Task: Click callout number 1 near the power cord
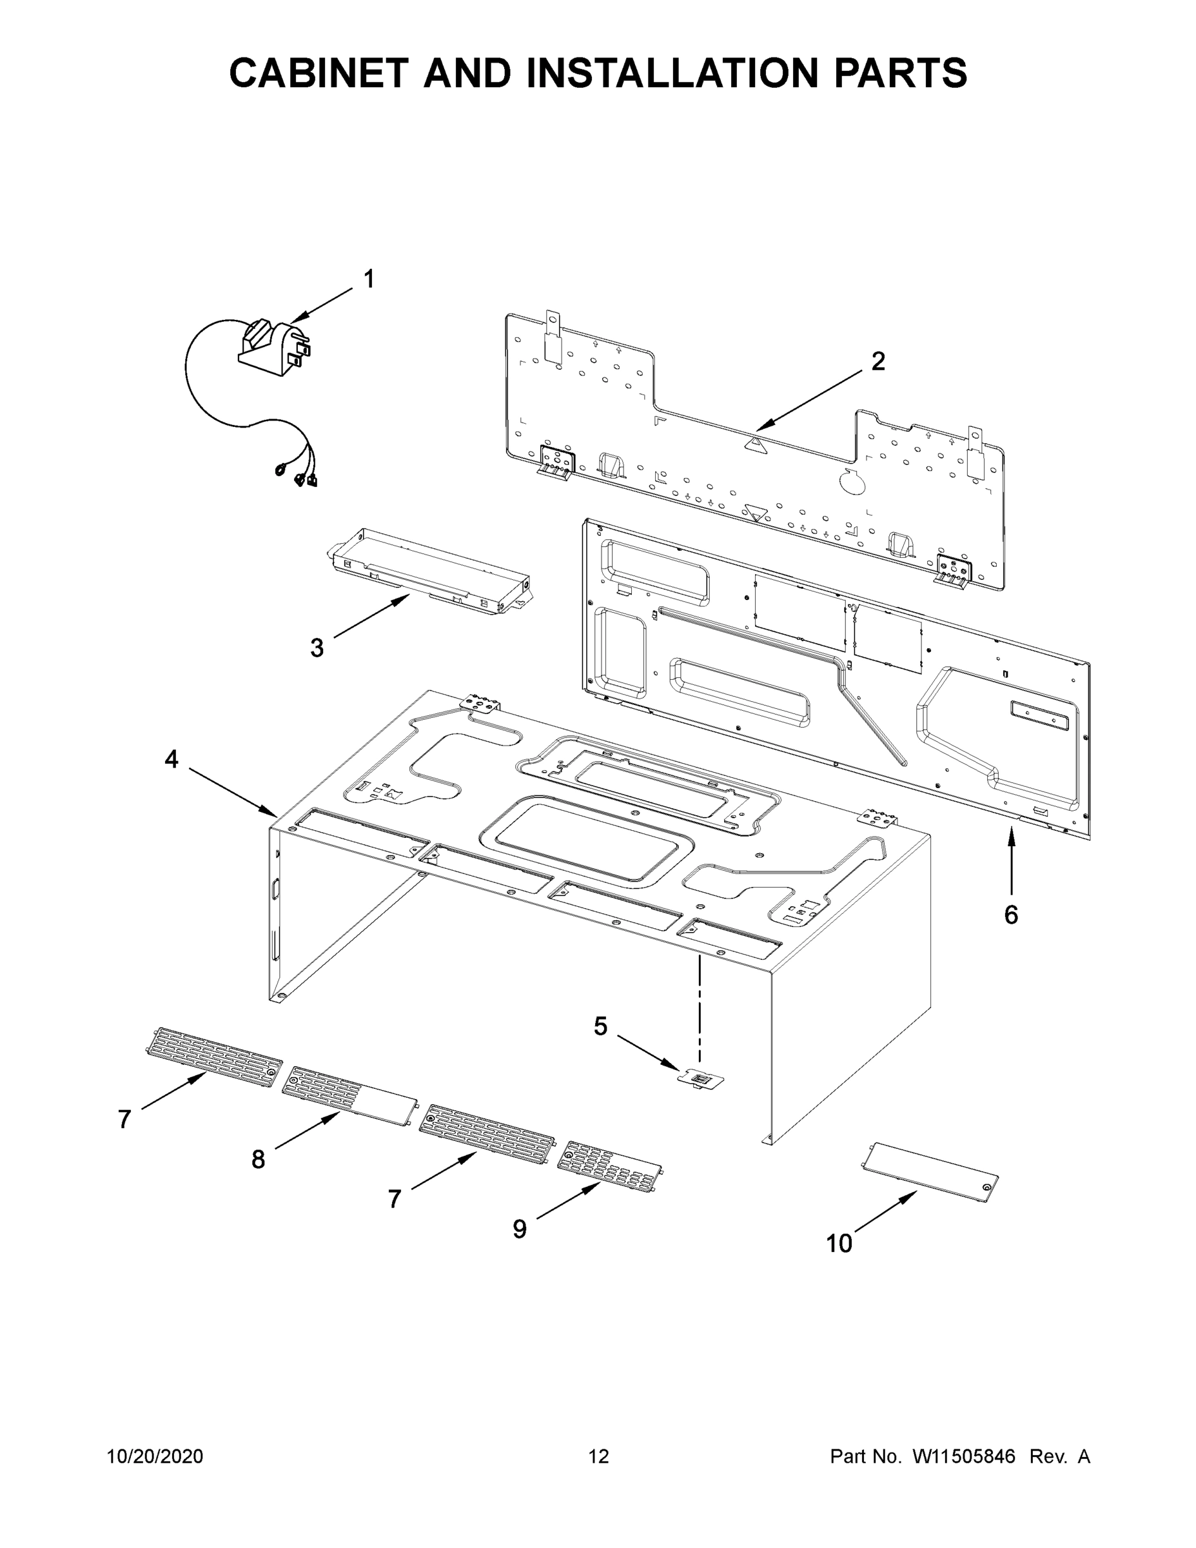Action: pos(368,279)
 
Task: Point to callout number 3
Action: pos(317,647)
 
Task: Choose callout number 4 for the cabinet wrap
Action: pos(172,759)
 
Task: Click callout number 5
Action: pos(600,1026)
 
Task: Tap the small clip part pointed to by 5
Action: pos(701,1079)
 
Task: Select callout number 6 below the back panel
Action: pos(1010,915)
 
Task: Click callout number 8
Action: pos(258,1160)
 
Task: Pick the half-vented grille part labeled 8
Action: pos(349,1096)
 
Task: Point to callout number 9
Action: pos(520,1229)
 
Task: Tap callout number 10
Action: pos(839,1243)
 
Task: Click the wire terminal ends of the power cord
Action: pos(298,475)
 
